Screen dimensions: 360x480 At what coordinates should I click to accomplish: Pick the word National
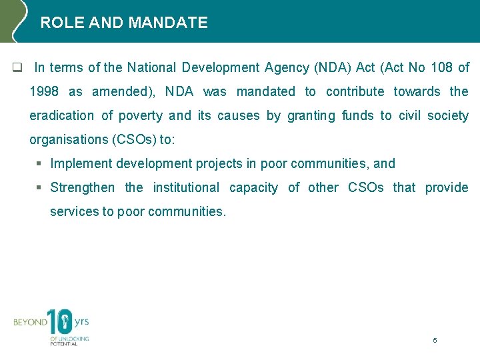151,67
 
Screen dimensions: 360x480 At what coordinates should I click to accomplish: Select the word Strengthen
82,187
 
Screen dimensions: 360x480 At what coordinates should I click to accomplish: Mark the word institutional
186,187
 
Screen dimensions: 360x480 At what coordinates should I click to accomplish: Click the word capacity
253,187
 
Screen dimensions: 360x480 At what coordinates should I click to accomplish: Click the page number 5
435,340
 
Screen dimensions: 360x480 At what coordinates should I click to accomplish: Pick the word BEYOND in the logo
30,323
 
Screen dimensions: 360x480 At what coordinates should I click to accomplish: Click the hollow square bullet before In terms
17,68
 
